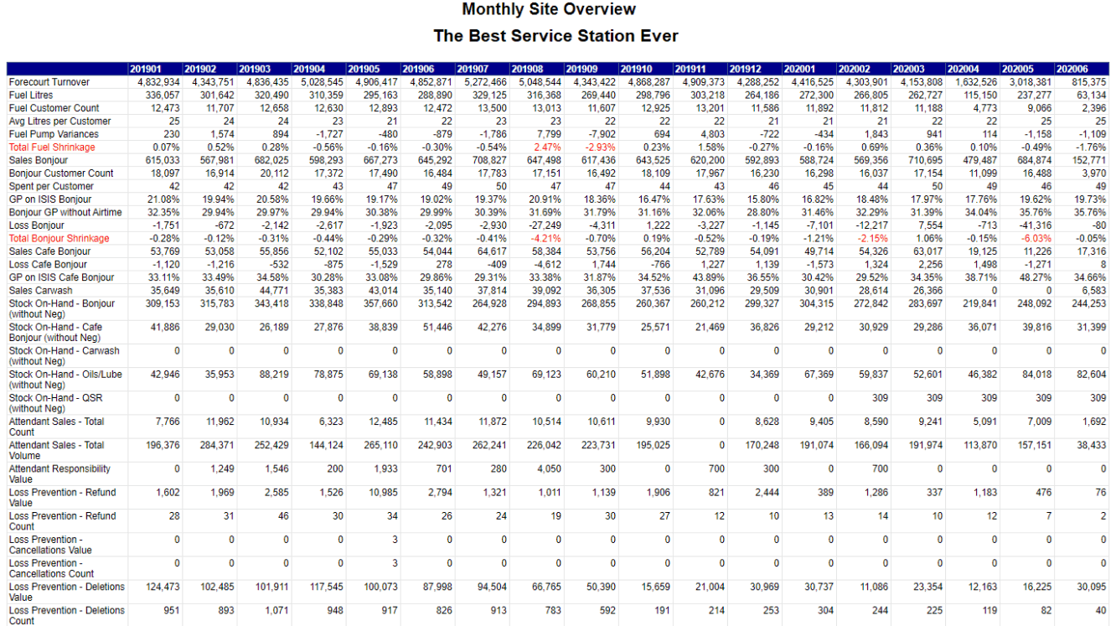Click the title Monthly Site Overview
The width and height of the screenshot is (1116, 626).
(549, 9)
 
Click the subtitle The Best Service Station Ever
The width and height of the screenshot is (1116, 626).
(555, 36)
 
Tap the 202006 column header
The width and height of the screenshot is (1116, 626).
(1072, 69)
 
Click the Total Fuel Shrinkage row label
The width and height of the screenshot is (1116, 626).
(52, 147)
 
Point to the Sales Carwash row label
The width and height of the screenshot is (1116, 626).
(41, 291)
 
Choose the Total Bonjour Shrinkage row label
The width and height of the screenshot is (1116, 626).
(59, 239)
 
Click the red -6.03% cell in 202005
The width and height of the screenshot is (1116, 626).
(1035, 239)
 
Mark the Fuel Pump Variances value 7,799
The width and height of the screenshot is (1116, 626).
(549, 134)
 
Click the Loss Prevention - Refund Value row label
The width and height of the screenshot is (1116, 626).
(62, 498)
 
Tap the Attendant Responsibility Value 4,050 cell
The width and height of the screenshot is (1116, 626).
(547, 469)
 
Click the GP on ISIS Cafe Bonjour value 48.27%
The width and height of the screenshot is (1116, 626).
(1035, 277)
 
